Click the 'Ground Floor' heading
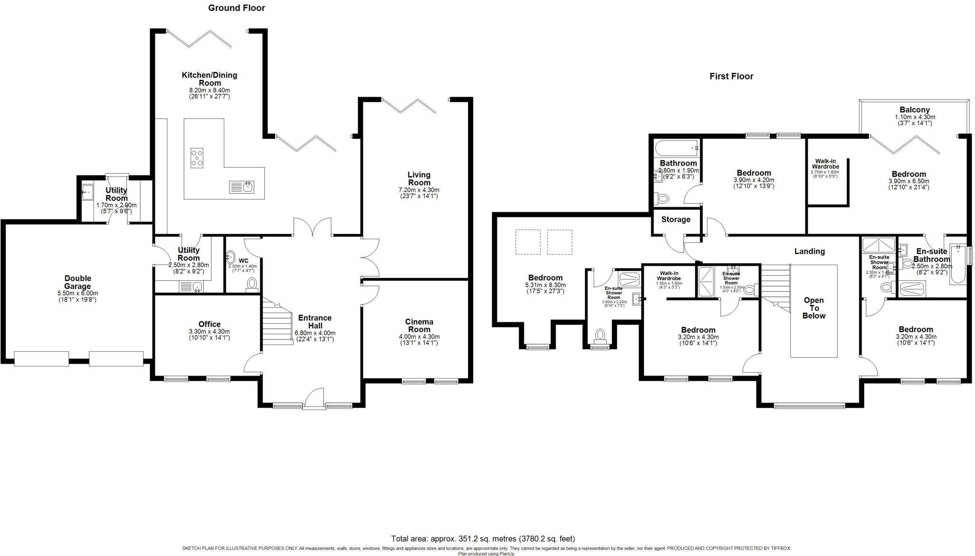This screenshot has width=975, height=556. click(x=236, y=8)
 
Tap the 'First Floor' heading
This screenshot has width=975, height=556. click(x=731, y=76)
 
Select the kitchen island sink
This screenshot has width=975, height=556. click(x=242, y=187)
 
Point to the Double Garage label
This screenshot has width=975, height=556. click(x=78, y=282)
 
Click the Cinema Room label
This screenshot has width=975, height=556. click(x=419, y=326)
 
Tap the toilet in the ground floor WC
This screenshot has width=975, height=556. click(x=252, y=284)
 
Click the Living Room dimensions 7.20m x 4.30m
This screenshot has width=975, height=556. click(x=419, y=190)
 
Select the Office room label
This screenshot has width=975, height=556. click(x=209, y=324)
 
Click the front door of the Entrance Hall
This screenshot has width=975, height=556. click(x=314, y=399)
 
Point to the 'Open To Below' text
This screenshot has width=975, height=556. click(x=814, y=308)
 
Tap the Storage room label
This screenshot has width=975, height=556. click(x=676, y=219)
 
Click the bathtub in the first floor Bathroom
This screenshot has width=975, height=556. click(x=676, y=149)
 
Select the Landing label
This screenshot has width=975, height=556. click(x=809, y=251)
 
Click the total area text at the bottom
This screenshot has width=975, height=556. click(x=483, y=539)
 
